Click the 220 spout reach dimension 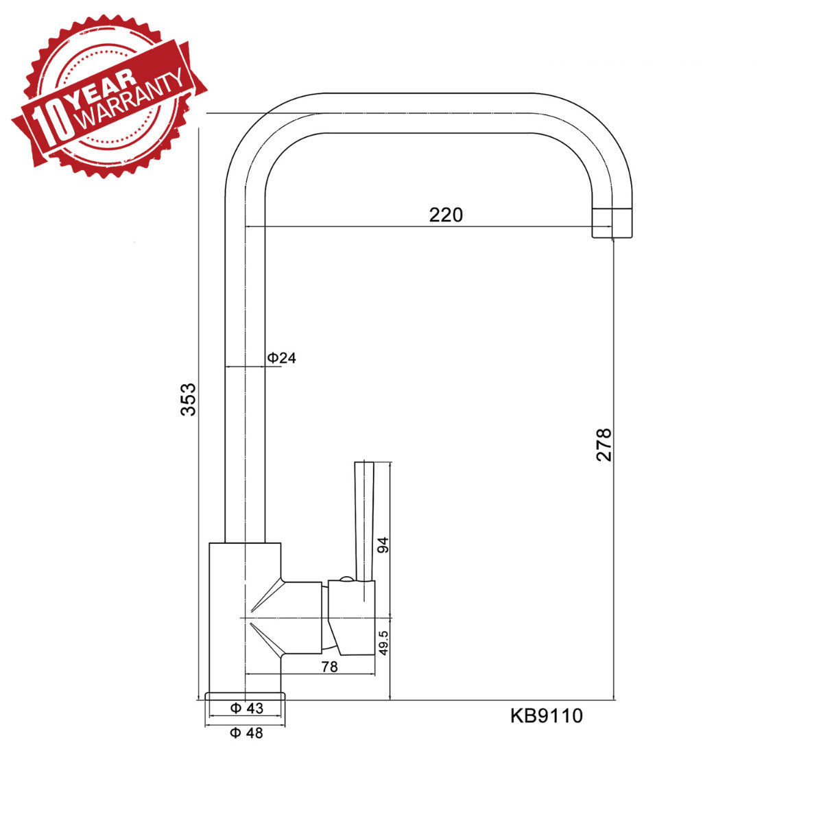446,215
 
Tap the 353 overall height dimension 188,399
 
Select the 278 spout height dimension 604,445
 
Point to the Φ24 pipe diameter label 281,358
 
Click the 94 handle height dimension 383,545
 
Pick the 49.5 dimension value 383,643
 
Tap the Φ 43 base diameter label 247,708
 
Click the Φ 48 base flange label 246,733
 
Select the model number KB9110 547,716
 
